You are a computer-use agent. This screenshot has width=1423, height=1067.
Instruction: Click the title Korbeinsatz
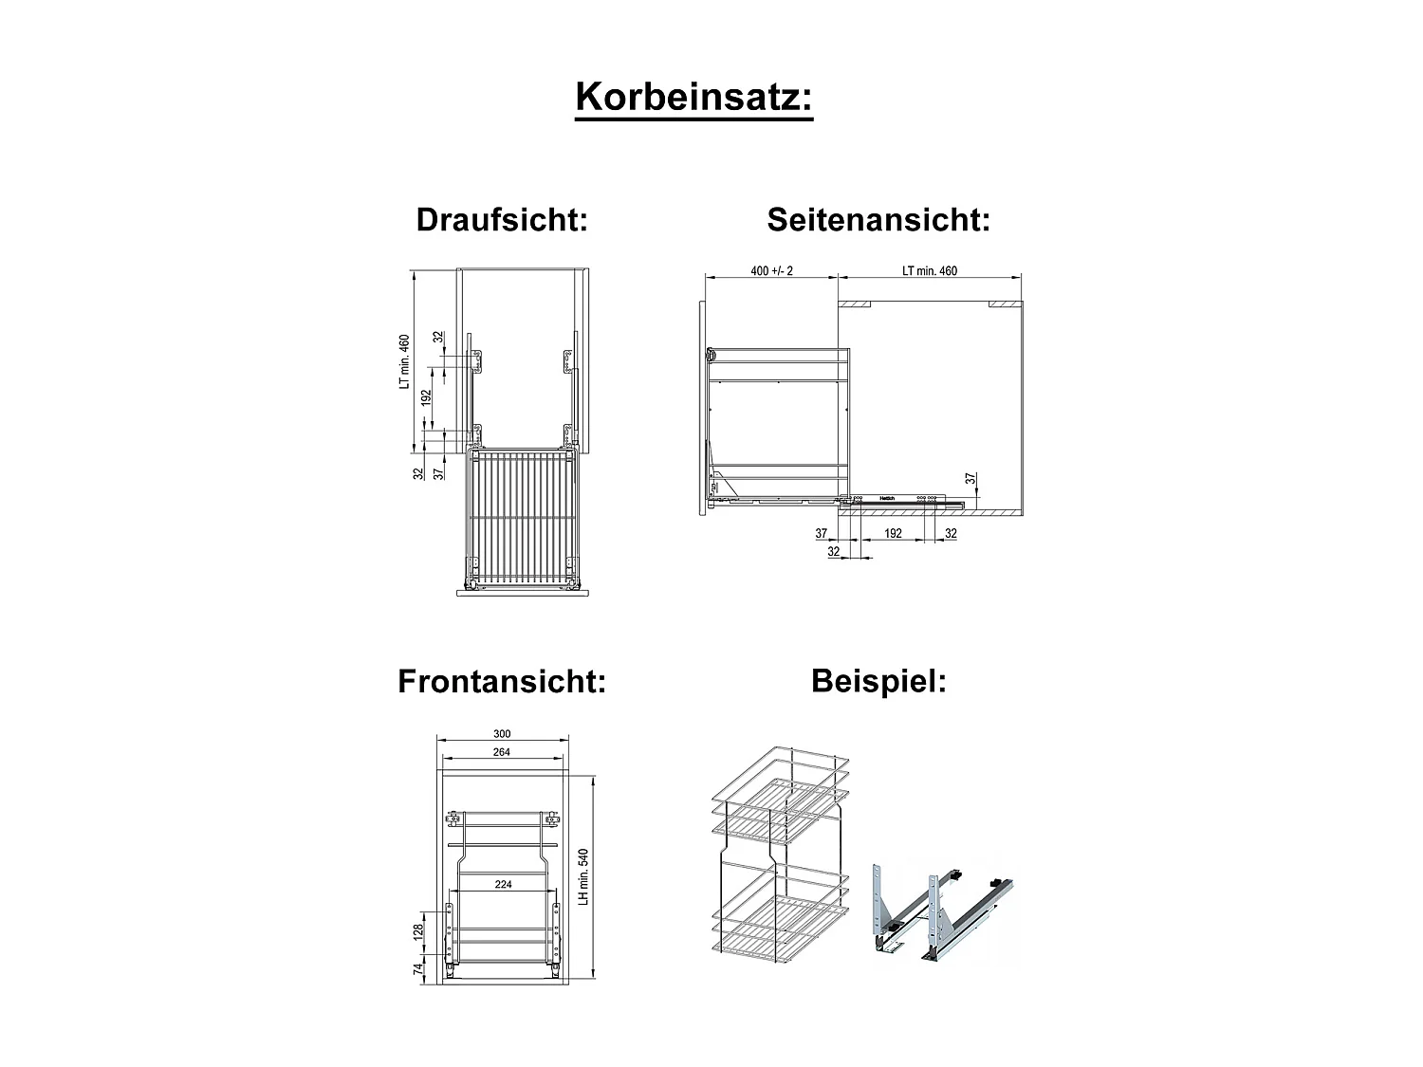coord(693,98)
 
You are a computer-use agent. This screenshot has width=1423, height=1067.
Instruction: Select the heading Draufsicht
coord(502,220)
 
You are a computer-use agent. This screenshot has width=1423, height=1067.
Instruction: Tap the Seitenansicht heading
coord(878,220)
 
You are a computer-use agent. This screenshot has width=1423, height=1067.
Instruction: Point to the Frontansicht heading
coord(502,681)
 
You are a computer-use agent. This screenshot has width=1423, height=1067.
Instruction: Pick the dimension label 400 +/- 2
coord(771,270)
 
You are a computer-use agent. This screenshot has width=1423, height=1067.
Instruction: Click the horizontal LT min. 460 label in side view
coord(930,270)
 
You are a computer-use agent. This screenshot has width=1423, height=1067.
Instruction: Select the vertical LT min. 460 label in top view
coord(404,361)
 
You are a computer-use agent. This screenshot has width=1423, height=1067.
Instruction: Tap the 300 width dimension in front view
coord(502,733)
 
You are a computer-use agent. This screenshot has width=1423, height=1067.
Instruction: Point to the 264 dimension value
coord(502,752)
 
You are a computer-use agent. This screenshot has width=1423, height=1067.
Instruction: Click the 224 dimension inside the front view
coord(503,884)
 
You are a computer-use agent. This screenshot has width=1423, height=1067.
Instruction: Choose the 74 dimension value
coord(417,969)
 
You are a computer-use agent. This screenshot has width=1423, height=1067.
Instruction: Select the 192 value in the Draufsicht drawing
coord(427,397)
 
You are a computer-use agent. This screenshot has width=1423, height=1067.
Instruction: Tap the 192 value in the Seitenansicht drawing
coord(893,534)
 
